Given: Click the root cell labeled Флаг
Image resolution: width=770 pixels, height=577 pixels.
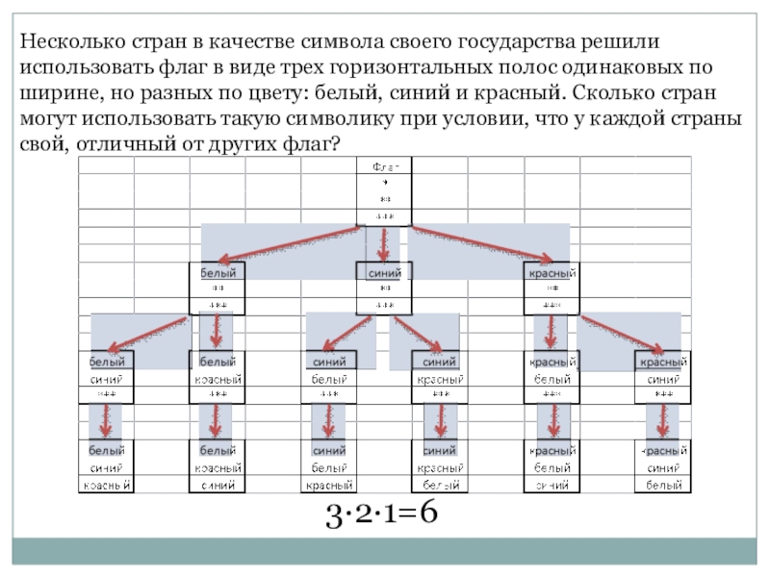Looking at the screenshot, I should [385, 165].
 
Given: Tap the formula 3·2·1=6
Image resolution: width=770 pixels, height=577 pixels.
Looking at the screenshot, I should [382, 514].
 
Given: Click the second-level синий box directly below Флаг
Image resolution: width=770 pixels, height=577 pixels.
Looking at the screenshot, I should [385, 273].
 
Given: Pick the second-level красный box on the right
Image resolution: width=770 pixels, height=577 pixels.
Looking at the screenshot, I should [551, 273].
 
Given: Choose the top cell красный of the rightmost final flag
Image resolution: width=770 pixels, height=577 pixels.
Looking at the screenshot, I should [664, 450].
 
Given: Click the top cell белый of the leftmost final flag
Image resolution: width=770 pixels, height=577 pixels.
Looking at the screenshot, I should [106, 450].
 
